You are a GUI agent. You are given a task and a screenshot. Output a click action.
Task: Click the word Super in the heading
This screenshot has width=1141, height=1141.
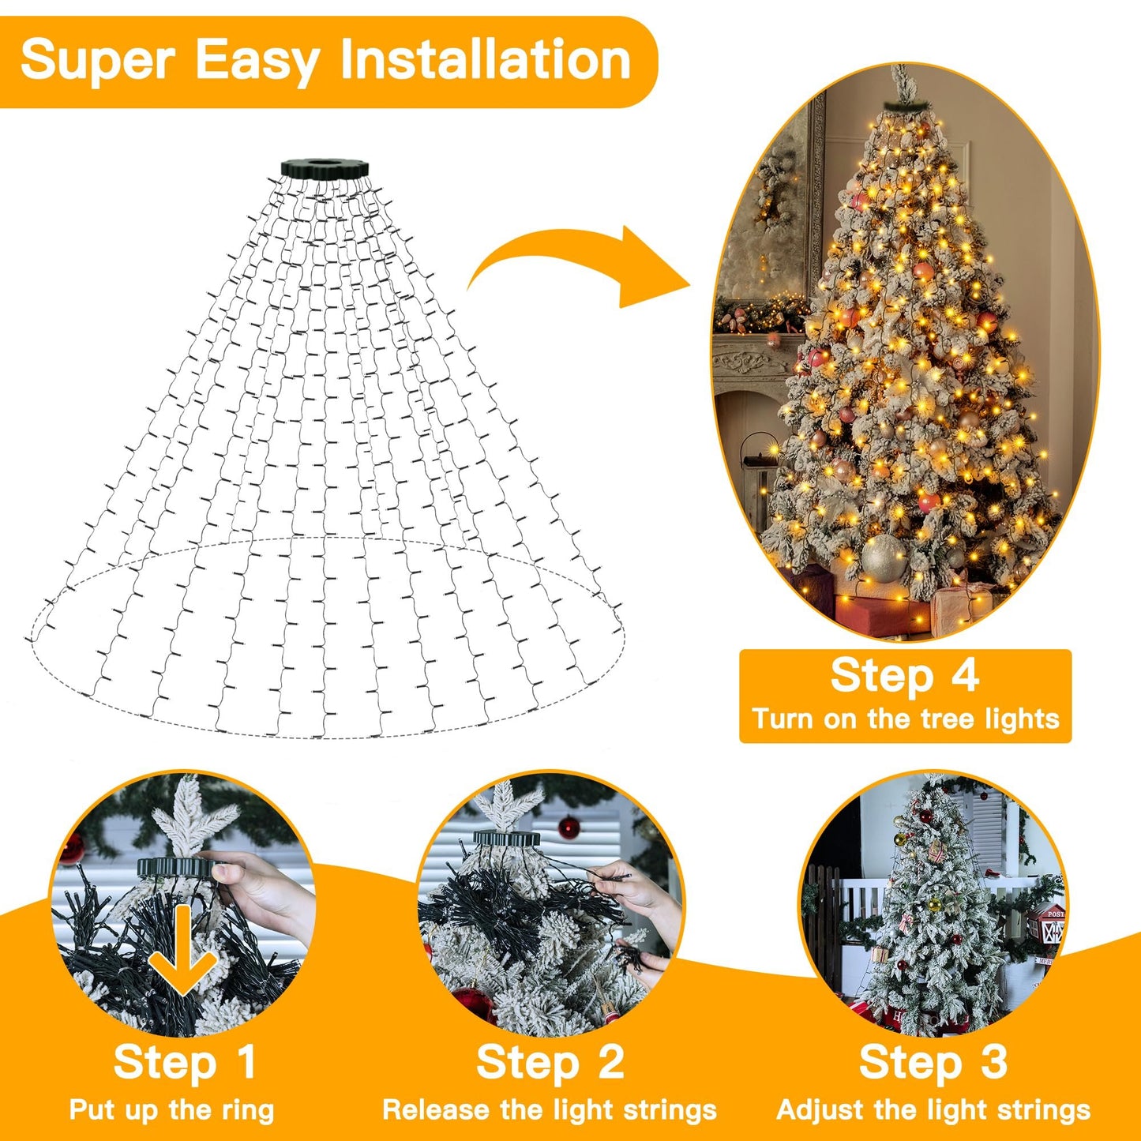coord(96,60)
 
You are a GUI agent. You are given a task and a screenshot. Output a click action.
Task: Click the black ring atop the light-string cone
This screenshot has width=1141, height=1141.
coord(325,168)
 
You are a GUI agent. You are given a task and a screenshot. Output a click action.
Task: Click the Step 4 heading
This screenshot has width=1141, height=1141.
coord(904,676)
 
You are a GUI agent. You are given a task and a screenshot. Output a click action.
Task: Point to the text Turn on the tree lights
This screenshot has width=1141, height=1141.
coord(905,719)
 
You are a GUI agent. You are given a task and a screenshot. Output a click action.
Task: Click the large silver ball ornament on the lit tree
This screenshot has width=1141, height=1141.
coord(883,557)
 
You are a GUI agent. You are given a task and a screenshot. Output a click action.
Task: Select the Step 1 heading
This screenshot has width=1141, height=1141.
coord(185,1062)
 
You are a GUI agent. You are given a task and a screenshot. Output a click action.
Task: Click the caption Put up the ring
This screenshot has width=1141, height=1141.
coord(171,1110)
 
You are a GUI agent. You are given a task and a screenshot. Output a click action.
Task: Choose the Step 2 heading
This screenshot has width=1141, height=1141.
coord(550,1062)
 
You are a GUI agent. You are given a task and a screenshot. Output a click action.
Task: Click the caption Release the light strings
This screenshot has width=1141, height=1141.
coord(550,1110)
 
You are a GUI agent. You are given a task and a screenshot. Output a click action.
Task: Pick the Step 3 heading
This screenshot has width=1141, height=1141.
coord(933,1062)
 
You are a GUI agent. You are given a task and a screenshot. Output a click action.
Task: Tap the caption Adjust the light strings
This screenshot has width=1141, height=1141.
coord(933,1110)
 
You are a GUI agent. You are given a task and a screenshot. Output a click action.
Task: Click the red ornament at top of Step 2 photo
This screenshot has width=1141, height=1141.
coord(569,828)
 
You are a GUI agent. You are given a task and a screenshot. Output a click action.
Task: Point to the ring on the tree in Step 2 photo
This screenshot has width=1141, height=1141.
coord(506,838)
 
